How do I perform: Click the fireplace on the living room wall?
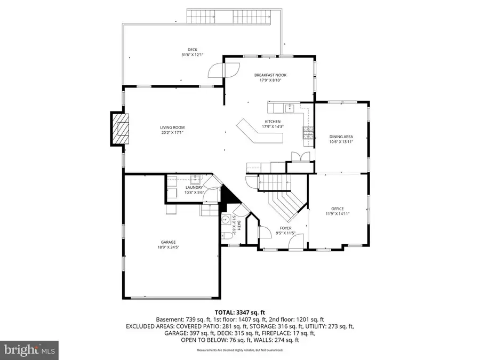tap(120, 128)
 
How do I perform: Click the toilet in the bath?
tap(226, 235)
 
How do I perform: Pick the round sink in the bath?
tap(227, 219)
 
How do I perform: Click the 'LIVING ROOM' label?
tap(172, 127)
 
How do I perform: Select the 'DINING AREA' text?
tap(341, 137)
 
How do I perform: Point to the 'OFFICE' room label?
tap(337, 209)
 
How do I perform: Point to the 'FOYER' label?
tap(285, 228)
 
